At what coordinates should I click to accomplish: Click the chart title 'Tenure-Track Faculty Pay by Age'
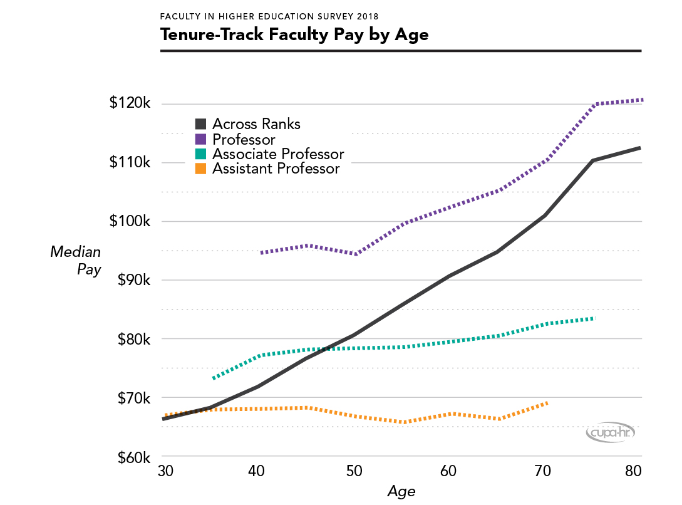click(x=294, y=34)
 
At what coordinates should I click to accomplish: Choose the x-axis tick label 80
click(x=633, y=471)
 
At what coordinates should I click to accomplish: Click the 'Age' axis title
click(x=401, y=491)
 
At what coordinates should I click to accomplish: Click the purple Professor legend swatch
click(x=201, y=139)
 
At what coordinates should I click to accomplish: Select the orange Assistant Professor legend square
click(x=201, y=169)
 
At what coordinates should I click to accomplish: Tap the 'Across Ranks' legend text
click(x=256, y=124)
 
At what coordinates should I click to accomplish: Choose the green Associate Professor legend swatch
click(x=201, y=154)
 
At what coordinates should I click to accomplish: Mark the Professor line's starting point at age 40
click(x=261, y=252)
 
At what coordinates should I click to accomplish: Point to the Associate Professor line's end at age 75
click(x=592, y=318)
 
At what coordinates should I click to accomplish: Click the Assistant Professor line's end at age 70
click(x=547, y=402)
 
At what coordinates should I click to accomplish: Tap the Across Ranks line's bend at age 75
click(x=592, y=160)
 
